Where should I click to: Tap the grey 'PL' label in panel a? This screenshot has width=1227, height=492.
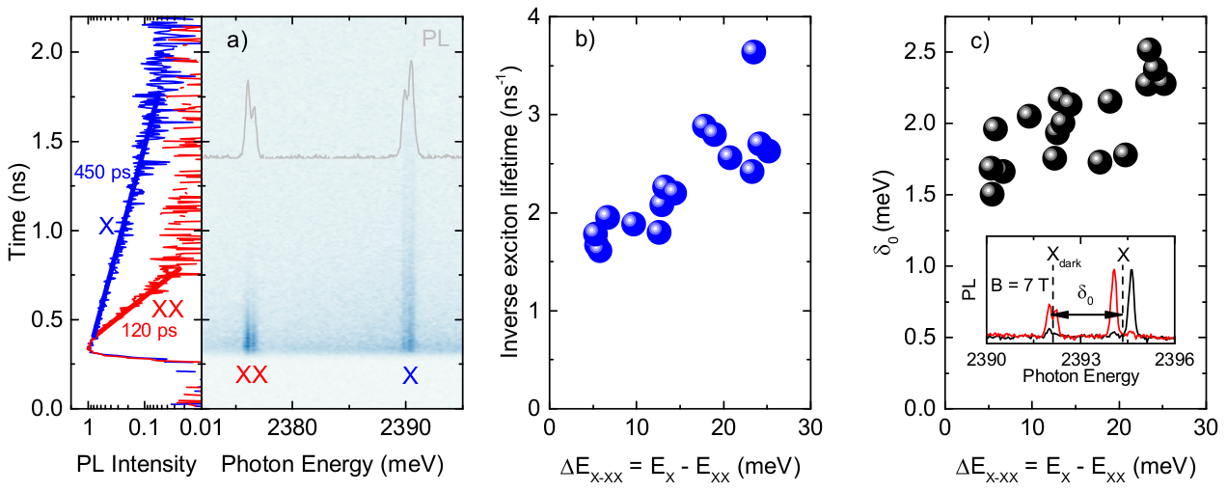coord(435,39)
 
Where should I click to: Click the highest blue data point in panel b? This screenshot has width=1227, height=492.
coord(754,53)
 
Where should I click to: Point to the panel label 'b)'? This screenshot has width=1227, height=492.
coord(586,40)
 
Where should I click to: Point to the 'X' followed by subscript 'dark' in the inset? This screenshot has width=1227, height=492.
coord(1064,256)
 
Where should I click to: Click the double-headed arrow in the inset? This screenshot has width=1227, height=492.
coord(1085,314)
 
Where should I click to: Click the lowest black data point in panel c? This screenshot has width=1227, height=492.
coord(992,193)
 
